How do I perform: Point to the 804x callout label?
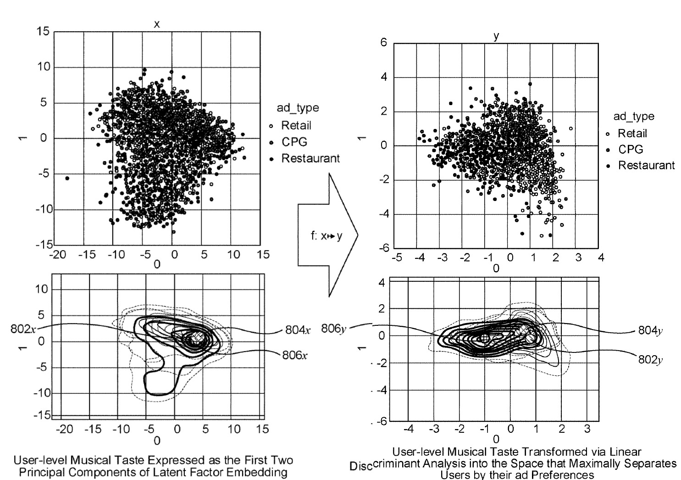point(298,330)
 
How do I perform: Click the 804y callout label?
point(651,330)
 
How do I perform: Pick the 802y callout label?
point(651,359)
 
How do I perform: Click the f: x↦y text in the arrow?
point(326,236)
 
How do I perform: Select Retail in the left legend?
point(296,125)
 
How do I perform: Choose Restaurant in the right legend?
point(646,165)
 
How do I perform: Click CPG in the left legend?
point(294,142)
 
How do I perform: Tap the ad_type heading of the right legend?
point(633,116)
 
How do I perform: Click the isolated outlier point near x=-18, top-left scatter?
point(67,178)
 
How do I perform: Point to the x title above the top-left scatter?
point(157,24)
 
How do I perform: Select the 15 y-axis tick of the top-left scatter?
point(44,32)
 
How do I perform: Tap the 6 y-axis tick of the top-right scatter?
point(383,43)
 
